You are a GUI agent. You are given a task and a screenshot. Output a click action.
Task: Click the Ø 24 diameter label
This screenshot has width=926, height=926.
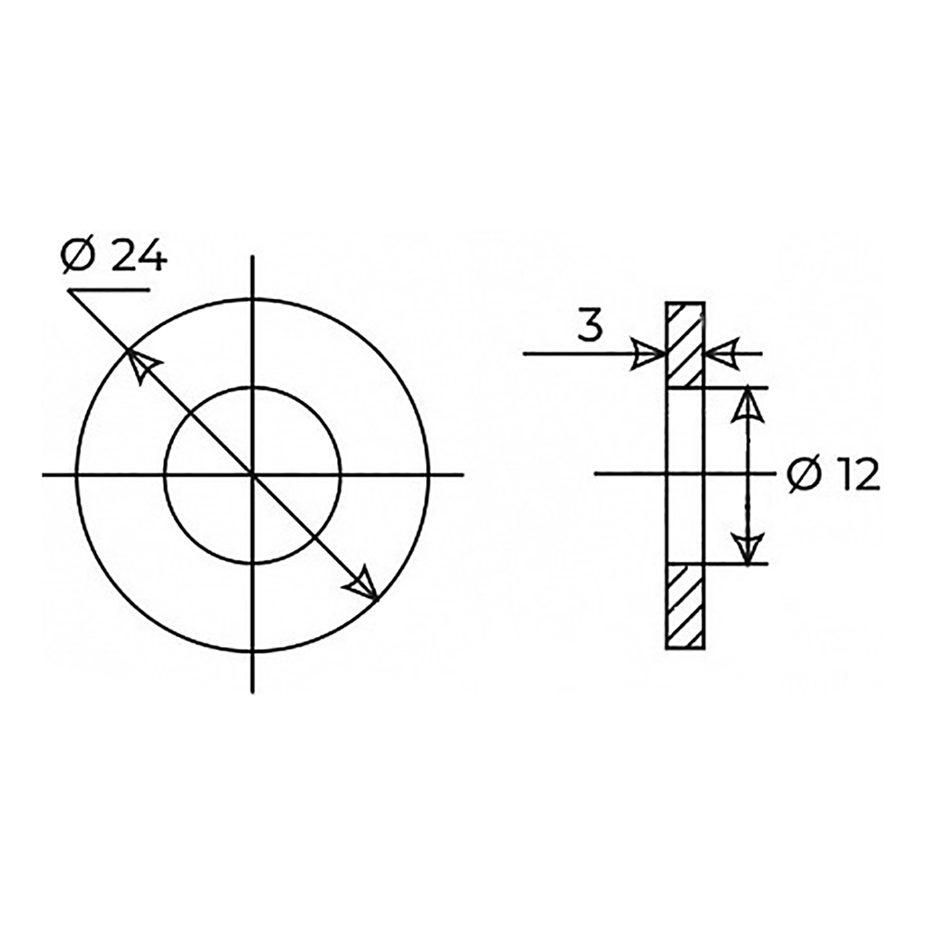(x=114, y=257)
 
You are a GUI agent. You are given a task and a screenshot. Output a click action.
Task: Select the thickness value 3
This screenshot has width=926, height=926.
(x=590, y=325)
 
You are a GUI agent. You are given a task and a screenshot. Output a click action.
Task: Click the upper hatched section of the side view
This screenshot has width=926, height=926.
(x=685, y=345)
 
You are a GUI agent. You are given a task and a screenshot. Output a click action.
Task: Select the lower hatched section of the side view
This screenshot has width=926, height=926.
(x=685, y=607)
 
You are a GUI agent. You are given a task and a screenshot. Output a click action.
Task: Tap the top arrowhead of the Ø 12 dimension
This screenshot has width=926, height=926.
(x=747, y=406)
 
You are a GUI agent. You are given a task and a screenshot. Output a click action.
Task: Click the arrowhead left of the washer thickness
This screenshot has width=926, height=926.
(x=649, y=354)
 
